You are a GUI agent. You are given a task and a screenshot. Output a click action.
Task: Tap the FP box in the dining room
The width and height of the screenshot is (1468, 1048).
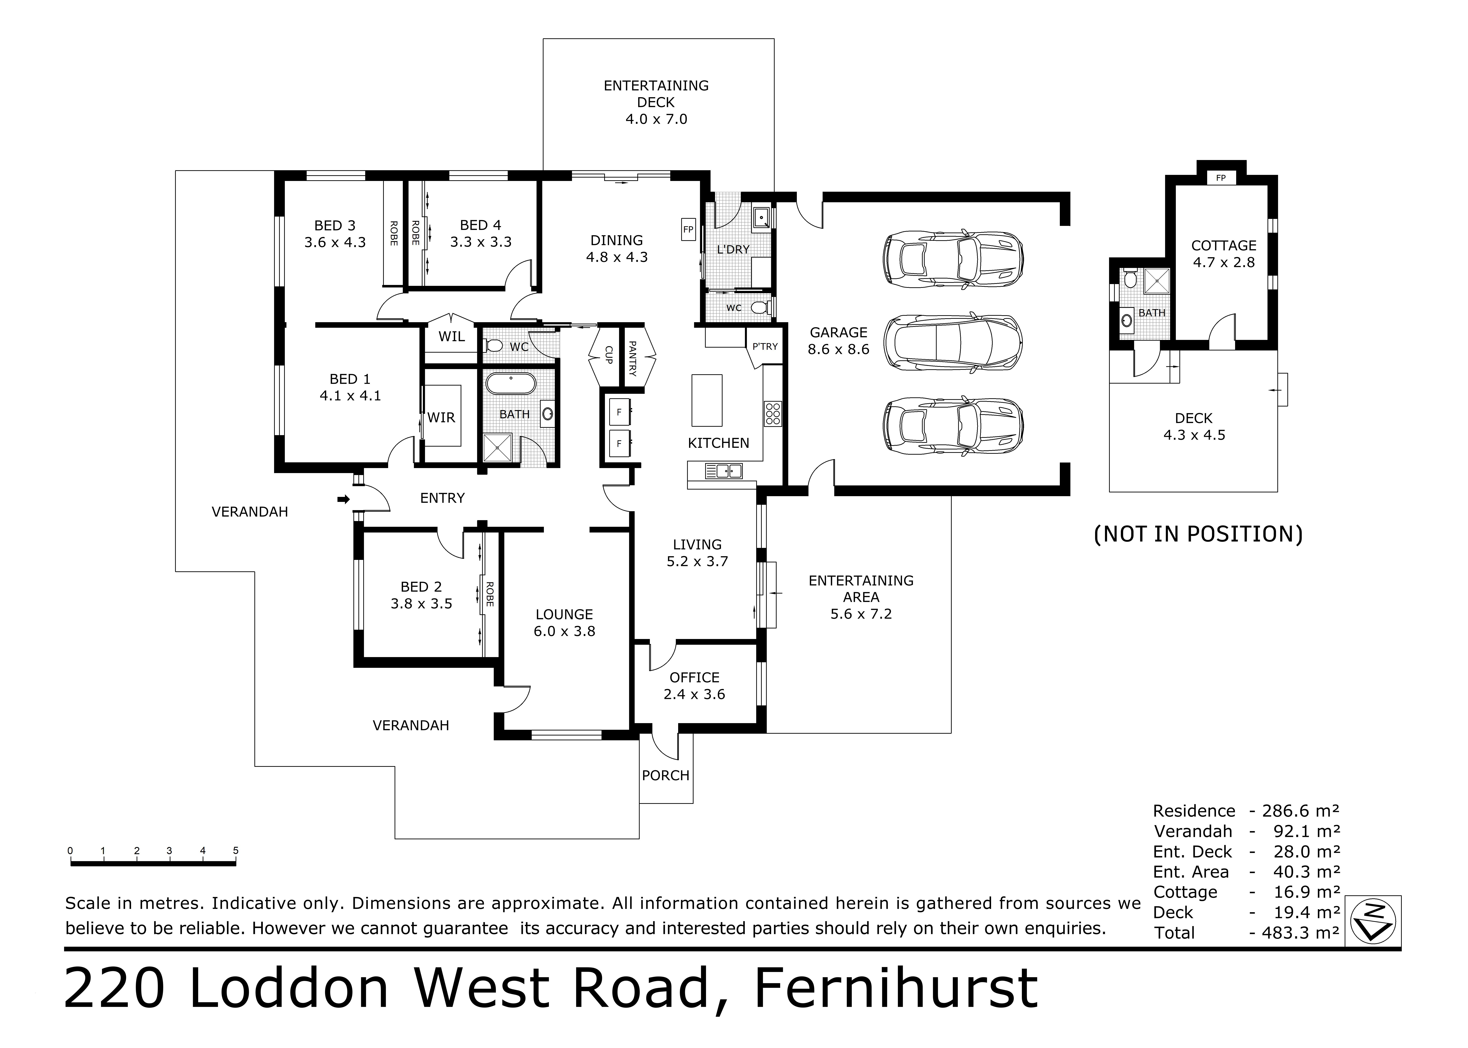coord(688,229)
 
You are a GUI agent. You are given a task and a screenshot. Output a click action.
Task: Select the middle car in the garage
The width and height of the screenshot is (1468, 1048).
coord(952,343)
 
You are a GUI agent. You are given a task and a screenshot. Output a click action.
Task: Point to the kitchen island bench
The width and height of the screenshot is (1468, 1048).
coord(707,400)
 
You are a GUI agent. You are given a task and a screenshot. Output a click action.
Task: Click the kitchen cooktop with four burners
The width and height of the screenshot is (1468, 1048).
coord(772,414)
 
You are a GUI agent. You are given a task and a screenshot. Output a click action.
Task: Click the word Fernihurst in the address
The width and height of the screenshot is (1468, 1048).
coord(896,988)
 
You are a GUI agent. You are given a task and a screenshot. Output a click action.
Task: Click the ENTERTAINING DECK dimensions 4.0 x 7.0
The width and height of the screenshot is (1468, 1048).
coord(656,119)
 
